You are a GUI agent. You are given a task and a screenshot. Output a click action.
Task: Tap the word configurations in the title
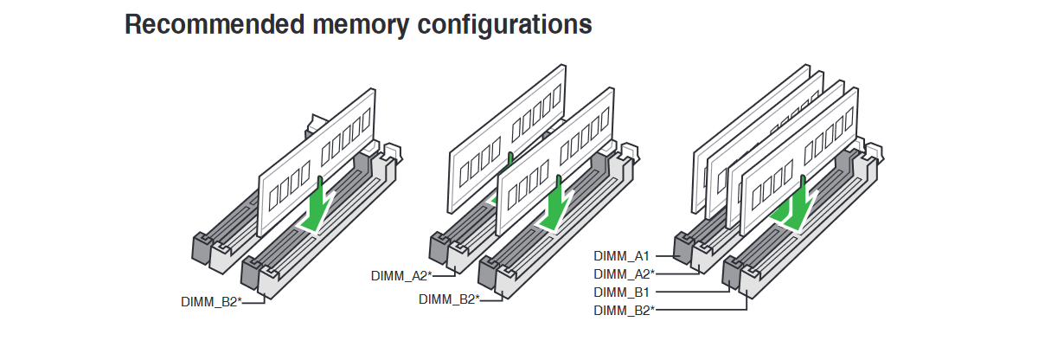point(505,24)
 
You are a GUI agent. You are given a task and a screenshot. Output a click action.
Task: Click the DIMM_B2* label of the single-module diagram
point(210,302)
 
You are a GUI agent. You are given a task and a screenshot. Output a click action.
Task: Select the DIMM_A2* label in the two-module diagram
point(401,276)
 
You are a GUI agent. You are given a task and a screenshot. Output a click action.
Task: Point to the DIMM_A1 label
point(621,255)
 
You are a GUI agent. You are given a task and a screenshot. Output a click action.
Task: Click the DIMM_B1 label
point(621,292)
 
